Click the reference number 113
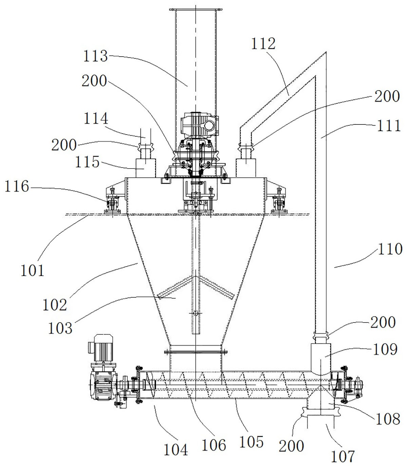95,56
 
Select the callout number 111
389,125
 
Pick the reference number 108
388,419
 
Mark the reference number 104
176,450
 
